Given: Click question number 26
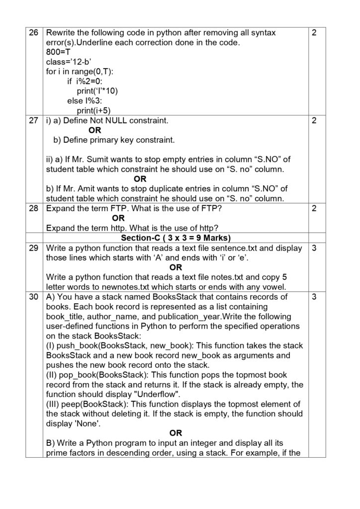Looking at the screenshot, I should (33, 33).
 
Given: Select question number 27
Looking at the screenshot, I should (33, 121).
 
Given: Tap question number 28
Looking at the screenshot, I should (33, 209).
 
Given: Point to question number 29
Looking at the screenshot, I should (33, 248).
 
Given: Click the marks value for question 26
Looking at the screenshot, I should (314, 33).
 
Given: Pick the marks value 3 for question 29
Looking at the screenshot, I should (314, 248).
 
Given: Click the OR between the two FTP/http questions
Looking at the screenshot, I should (118, 218).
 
